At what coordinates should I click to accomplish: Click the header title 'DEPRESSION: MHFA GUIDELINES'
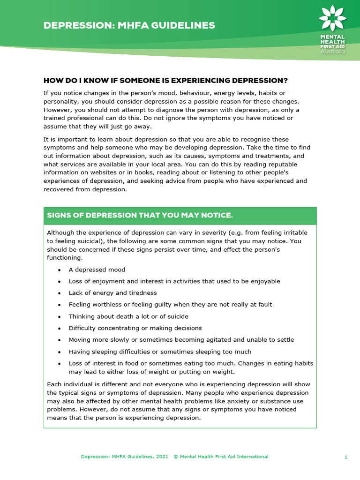tap(129, 25)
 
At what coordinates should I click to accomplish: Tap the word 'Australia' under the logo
tap(333, 51)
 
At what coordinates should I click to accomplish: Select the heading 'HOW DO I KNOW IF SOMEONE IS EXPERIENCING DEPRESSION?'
tap(165, 80)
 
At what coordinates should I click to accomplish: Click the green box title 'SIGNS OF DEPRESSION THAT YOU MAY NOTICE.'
tap(140, 215)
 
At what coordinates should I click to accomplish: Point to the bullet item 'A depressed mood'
tap(97, 270)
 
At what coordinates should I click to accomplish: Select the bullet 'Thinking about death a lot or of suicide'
tap(128, 316)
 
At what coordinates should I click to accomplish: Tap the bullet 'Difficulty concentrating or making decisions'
tap(135, 328)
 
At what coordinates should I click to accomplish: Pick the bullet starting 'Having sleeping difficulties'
tap(160, 352)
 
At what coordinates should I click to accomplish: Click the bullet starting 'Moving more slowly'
tap(181, 340)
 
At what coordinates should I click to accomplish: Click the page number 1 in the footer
tap(346, 457)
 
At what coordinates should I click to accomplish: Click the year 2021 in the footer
tap(163, 457)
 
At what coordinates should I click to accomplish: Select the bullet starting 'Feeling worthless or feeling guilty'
tap(170, 305)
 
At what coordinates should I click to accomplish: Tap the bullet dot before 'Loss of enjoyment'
tap(59, 282)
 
